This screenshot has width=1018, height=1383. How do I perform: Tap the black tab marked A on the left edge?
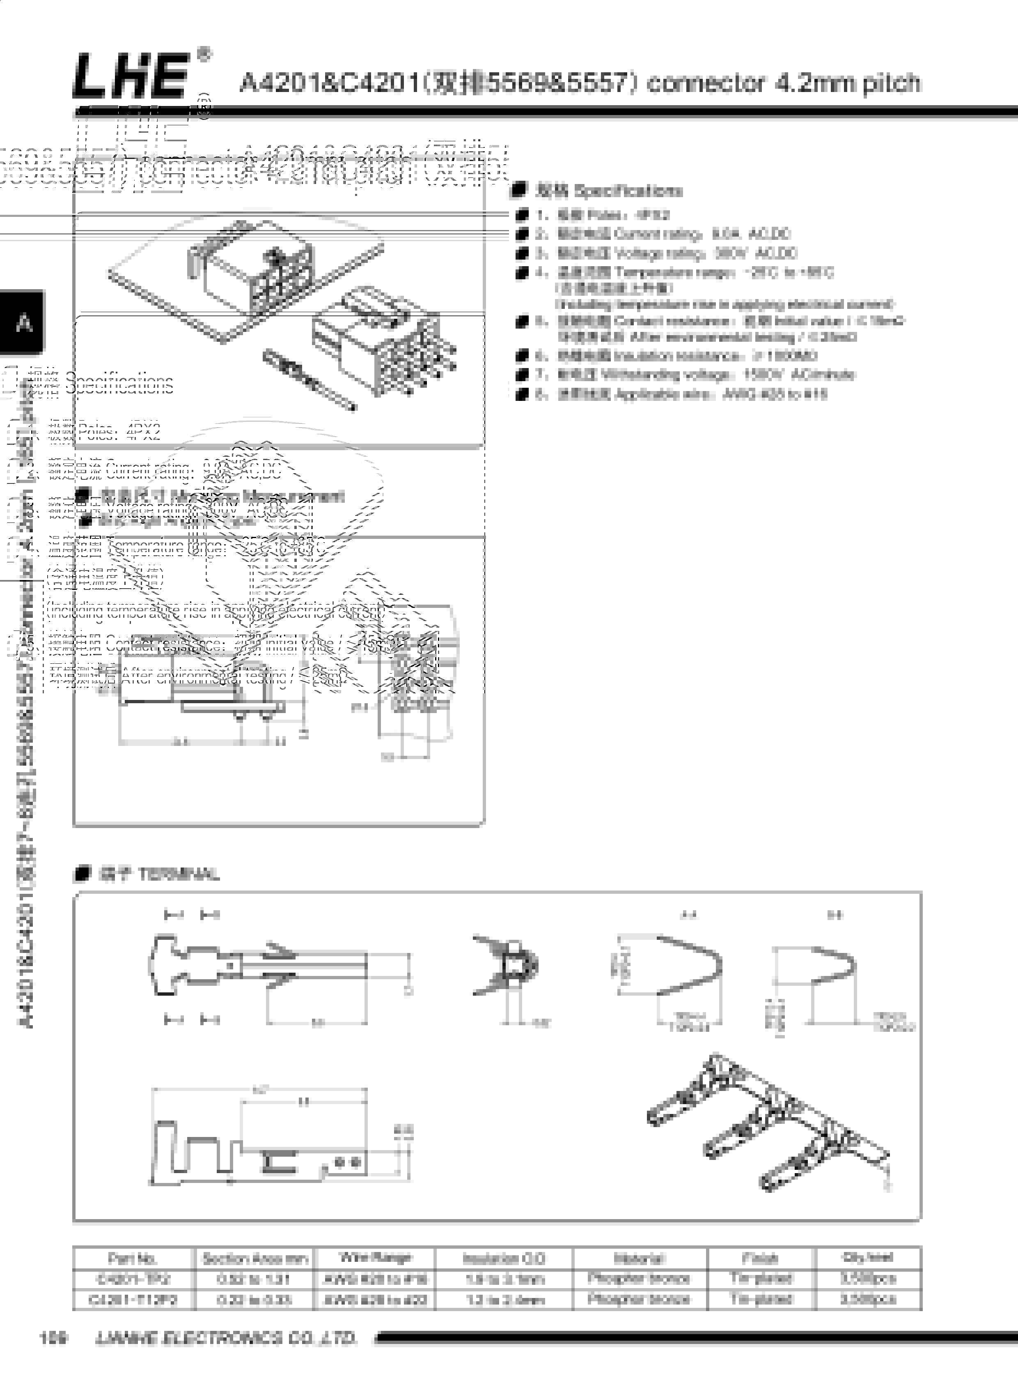point(23,322)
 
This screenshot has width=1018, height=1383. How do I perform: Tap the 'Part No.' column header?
point(133,1259)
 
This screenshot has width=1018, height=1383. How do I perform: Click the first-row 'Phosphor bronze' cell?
point(639,1278)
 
